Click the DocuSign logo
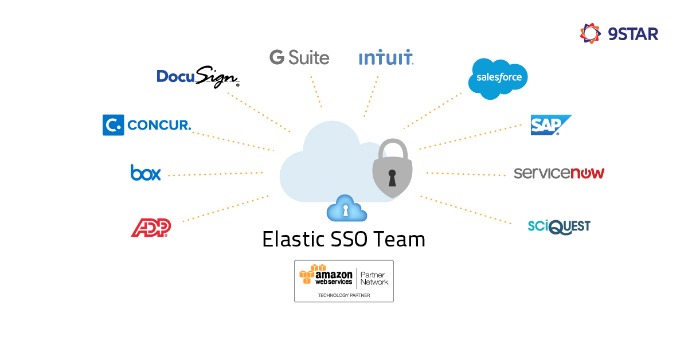198,77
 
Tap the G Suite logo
299,57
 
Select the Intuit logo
386,58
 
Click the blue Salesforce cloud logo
498,78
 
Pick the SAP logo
550,125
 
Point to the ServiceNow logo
559,173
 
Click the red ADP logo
151,228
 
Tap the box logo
146,173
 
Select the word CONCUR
159,125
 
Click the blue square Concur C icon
113,125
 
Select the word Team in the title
400,239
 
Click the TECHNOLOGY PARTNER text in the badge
344,295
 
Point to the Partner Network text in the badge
374,278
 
